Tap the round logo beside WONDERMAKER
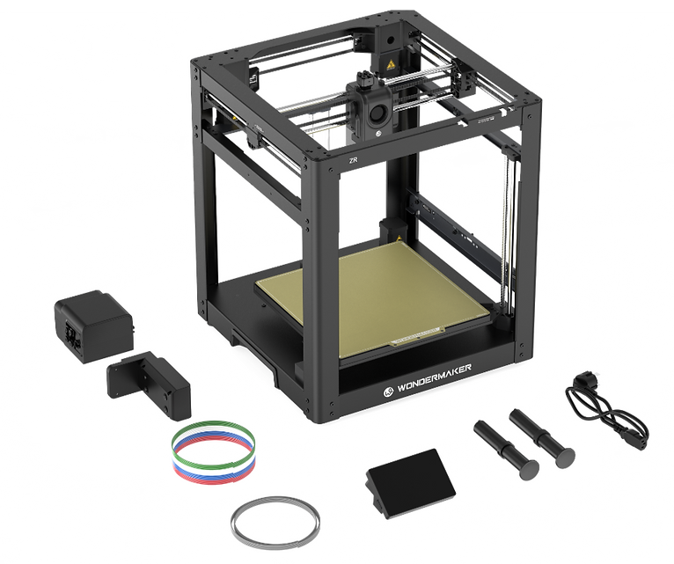(388, 392)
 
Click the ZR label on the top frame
(354, 161)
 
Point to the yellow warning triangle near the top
(391, 64)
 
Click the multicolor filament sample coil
(213, 450)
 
